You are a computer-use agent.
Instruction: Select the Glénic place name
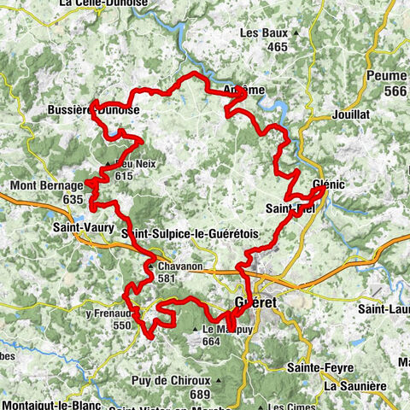tap(330, 183)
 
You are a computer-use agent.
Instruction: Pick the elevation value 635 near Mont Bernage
tap(74, 199)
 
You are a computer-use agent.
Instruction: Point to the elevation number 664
tap(213, 340)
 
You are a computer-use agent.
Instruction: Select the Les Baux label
tap(261, 33)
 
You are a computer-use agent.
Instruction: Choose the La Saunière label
tap(354, 385)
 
